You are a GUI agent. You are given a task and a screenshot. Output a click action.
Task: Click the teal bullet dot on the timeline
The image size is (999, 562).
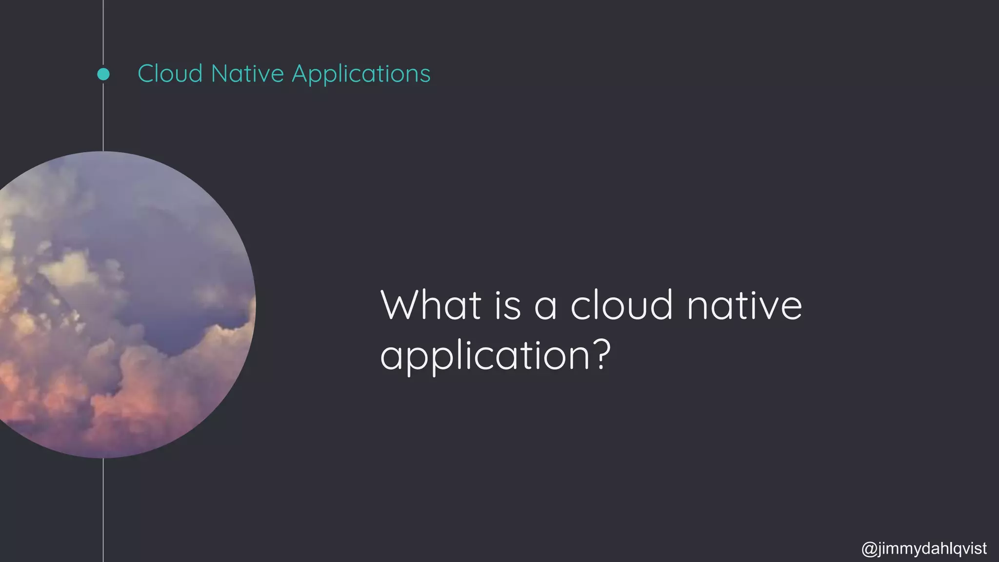tap(103, 74)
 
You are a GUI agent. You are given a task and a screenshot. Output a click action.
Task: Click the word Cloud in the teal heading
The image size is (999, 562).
tap(170, 74)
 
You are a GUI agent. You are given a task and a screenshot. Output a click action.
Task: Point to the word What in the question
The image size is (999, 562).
tap(431, 305)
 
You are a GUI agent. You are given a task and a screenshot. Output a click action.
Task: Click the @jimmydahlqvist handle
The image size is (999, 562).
tap(924, 548)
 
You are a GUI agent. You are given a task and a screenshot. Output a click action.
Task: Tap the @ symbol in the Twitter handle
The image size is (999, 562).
tap(869, 548)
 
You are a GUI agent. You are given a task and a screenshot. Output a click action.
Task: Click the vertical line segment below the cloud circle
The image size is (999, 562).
tap(103, 510)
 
